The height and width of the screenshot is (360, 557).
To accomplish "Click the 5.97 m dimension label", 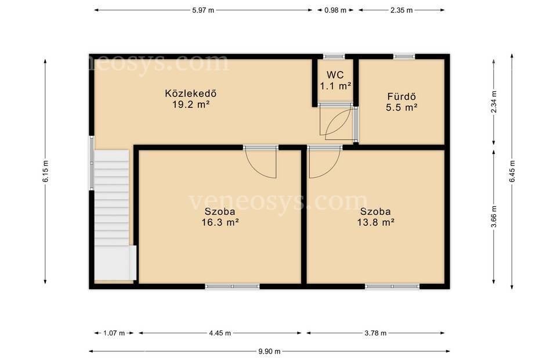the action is point(203,10).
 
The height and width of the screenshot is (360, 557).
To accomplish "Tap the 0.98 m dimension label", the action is point(335,10).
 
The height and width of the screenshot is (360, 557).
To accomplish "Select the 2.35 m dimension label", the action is point(402,10).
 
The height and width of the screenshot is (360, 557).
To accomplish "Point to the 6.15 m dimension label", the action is point(45,171).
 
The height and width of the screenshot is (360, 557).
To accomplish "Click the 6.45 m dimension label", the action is point(512,171).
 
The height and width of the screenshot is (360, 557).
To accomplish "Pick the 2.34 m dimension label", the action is point(494,102).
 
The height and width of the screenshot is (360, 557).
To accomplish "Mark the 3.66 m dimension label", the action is point(494,217).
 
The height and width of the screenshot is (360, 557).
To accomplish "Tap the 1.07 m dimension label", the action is point(114,333).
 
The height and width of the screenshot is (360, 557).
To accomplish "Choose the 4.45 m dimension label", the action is point(220,333).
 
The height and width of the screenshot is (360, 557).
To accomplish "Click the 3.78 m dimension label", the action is point(375,333).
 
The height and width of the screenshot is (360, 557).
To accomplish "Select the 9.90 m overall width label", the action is point(269,351).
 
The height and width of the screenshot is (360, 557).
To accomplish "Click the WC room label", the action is point(335,75).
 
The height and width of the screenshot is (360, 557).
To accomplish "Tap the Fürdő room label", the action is point(402,96).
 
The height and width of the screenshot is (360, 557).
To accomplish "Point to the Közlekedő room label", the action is point(191,93).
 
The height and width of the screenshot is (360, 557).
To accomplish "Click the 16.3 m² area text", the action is point(220,222).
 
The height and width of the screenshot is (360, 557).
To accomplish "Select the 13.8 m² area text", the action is point(375,222).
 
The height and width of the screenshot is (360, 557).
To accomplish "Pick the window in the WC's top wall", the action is point(334,56).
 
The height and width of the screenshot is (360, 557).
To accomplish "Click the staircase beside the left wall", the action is point(112,215).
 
